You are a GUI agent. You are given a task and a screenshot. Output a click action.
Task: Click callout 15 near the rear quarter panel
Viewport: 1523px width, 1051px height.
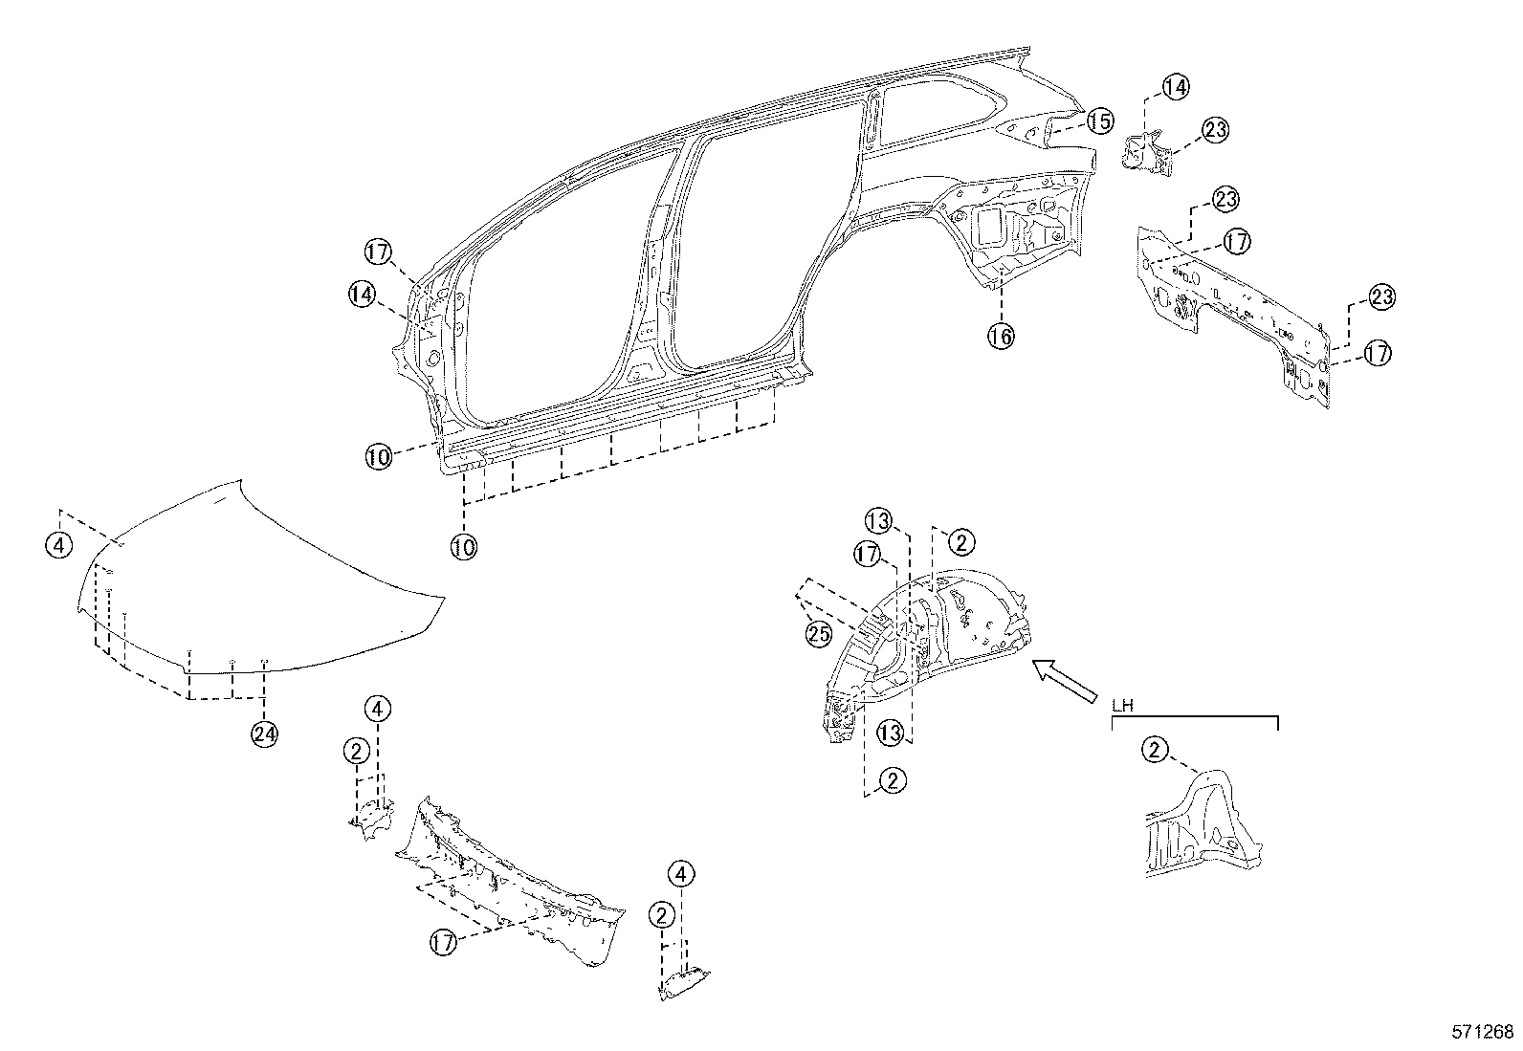[x=1100, y=121]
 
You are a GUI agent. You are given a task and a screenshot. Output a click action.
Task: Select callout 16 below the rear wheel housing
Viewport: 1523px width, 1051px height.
[x=1001, y=336]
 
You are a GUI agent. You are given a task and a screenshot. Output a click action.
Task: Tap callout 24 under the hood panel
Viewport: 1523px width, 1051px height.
[x=264, y=734]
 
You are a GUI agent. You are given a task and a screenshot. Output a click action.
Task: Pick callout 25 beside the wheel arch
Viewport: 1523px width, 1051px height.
[x=818, y=634]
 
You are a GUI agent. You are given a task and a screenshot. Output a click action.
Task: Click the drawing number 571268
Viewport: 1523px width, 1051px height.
[x=1481, y=1032]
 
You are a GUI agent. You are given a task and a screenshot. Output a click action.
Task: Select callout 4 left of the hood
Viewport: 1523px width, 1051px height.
[x=58, y=545]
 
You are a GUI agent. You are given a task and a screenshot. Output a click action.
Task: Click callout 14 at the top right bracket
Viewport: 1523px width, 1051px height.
[x=1176, y=87]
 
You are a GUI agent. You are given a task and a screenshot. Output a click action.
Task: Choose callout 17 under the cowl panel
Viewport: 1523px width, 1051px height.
[x=441, y=942]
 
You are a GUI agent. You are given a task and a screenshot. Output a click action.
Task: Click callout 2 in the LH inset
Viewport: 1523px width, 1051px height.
[x=1155, y=751]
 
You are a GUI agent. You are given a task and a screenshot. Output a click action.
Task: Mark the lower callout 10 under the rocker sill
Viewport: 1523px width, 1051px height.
[x=464, y=546]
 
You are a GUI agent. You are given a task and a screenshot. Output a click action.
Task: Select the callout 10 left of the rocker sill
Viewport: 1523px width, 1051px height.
[x=378, y=457]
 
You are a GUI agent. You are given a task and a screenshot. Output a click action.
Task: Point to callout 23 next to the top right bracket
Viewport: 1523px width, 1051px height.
[x=1215, y=130]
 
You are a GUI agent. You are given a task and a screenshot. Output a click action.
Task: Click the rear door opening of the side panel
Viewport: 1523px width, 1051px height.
[x=746, y=249]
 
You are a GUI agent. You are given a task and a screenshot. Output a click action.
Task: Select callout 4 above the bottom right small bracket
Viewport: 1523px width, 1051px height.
[x=681, y=873]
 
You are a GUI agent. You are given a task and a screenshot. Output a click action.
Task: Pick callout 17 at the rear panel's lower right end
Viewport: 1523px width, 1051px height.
[x=1377, y=354]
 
